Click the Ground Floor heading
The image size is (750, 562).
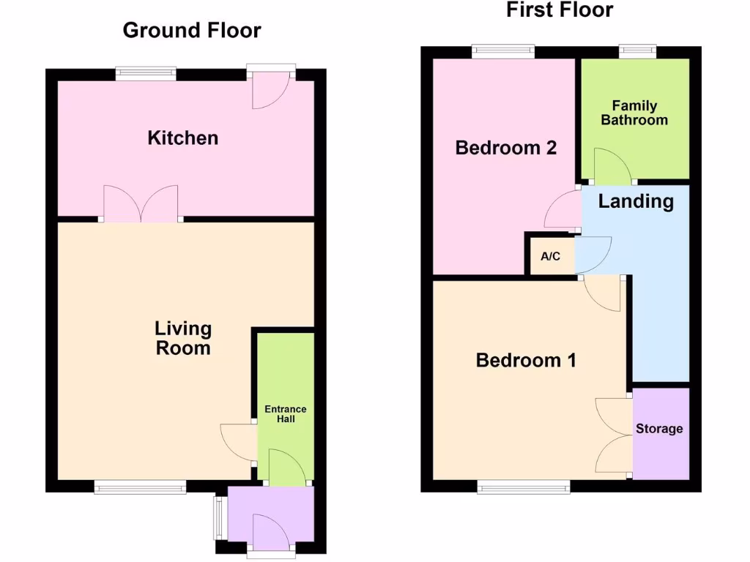point(192,30)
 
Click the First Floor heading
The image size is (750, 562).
point(560,10)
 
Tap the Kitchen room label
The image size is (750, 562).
point(183,138)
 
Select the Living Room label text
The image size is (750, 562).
point(183,338)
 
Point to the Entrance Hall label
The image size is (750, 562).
point(286,414)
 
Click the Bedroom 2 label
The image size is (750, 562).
point(506,148)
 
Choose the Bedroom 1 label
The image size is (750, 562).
point(526,360)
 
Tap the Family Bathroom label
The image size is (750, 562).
point(634,113)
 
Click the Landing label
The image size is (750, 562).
point(636,201)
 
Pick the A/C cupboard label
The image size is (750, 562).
point(551,256)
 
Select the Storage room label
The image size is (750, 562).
point(659,429)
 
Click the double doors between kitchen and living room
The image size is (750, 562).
point(141,204)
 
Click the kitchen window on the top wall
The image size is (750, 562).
point(146,74)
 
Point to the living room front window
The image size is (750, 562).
point(140,487)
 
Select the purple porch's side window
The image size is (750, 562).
point(218,518)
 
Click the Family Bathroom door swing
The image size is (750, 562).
point(613,168)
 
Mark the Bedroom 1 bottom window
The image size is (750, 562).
point(524,487)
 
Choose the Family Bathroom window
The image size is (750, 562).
point(638,52)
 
